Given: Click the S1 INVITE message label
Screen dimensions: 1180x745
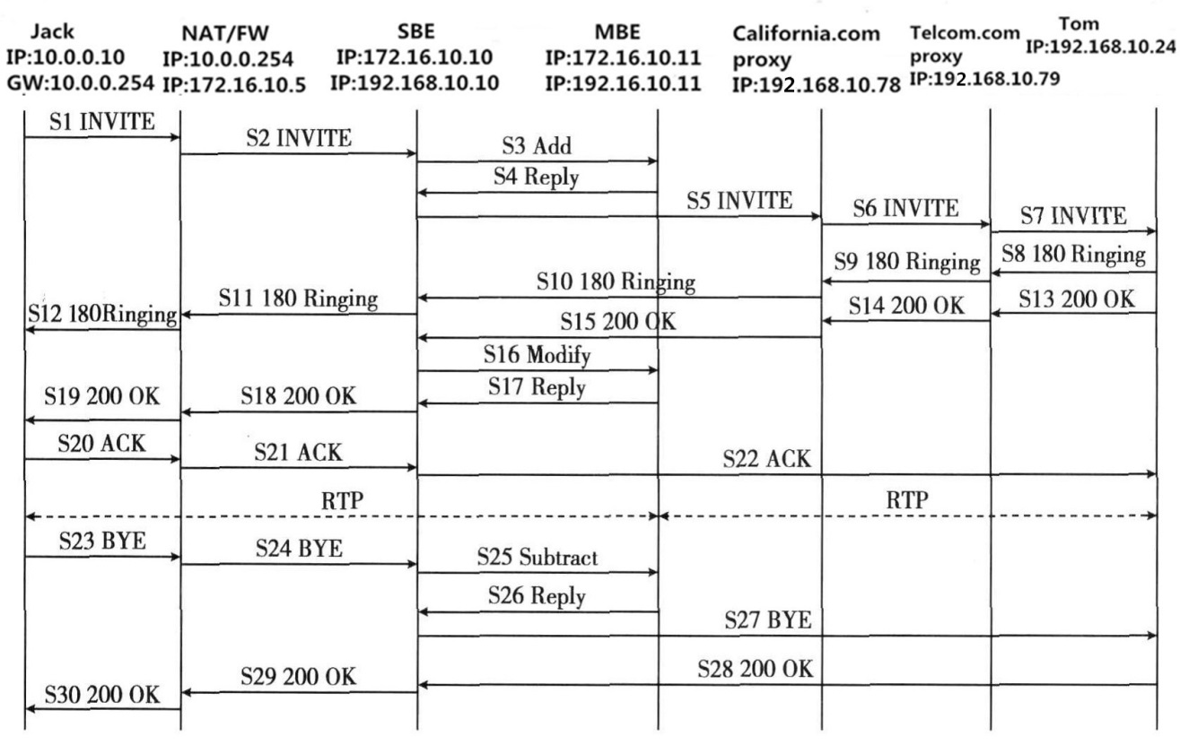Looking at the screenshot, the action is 102,122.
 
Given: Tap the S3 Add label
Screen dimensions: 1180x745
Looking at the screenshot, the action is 537,146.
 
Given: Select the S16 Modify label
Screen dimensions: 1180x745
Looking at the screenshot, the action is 537,355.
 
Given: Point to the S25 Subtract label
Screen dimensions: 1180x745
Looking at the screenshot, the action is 538,557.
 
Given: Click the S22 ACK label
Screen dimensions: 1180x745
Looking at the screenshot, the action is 766,459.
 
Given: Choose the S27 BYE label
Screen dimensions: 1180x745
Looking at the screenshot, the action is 768,619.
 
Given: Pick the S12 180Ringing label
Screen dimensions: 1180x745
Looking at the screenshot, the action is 102,315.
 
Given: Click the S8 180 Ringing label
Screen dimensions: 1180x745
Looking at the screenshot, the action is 1073,254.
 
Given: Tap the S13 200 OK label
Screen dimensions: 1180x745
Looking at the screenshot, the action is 1076,299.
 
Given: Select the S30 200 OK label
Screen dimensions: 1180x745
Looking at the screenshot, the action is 102,695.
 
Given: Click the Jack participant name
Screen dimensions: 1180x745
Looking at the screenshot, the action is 52,31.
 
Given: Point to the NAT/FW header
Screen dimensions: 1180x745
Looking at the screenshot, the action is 225,33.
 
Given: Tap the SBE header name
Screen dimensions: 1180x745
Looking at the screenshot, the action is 416,31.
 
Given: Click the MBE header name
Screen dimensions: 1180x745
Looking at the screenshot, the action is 617,32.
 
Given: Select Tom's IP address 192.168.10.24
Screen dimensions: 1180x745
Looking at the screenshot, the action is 1101,47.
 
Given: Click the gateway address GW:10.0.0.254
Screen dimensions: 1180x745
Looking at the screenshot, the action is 81,82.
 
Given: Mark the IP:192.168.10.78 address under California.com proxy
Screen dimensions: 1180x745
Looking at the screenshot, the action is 817,84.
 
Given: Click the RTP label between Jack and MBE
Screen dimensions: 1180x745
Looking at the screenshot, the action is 343,500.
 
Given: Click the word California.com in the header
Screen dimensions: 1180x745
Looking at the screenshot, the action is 806,34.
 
